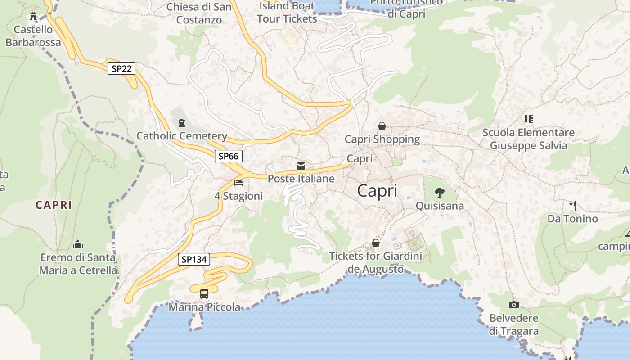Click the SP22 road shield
pyautogui.click(x=121, y=68)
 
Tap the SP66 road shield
pyautogui.click(x=228, y=156)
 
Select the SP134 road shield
pyautogui.click(x=194, y=259)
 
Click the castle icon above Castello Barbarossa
pyautogui.click(x=33, y=16)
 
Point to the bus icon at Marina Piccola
pyautogui.click(x=204, y=294)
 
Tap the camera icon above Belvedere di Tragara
pyautogui.click(x=513, y=305)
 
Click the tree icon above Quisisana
pyautogui.click(x=440, y=193)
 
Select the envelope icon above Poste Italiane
pyautogui.click(x=301, y=166)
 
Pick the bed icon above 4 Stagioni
pyautogui.click(x=238, y=183)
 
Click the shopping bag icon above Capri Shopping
pyautogui.click(x=382, y=126)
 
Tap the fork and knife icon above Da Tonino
pyautogui.click(x=572, y=206)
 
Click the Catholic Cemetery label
pyautogui.click(x=182, y=136)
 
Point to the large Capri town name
pyautogui.click(x=377, y=191)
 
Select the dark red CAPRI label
pyautogui.click(x=54, y=205)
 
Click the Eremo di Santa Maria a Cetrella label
pyautogui.click(x=78, y=264)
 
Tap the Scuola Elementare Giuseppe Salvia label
pyautogui.click(x=528, y=139)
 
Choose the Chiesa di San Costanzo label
pyautogui.click(x=199, y=13)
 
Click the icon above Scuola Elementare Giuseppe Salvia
pyautogui.click(x=528, y=119)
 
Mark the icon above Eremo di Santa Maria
pyautogui.click(x=78, y=244)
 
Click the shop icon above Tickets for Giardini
pyautogui.click(x=376, y=243)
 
